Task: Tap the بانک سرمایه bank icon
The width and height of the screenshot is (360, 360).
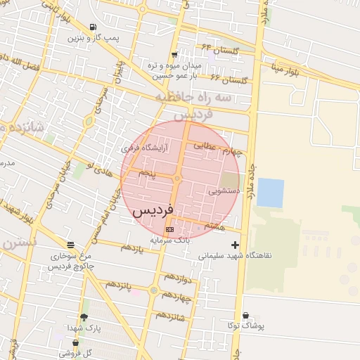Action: coord(169,230)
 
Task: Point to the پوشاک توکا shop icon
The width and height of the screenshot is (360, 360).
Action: coord(245,316)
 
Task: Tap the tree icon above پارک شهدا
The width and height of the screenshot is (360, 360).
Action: coord(84,318)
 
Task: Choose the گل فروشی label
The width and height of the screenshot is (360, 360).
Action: coord(78,353)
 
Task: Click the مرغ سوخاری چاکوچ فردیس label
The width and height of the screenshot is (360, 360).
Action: coord(69,262)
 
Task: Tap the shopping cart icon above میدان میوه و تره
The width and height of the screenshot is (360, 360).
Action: coord(174,55)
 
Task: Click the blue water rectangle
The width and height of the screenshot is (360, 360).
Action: coord(270,193)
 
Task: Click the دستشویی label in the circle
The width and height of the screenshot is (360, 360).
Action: coord(224,191)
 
